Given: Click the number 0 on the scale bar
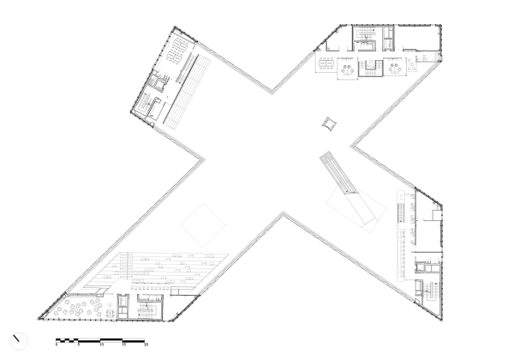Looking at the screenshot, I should pyautogui.click(x=57, y=345).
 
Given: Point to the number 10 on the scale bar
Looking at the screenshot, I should pyautogui.click(x=102, y=345).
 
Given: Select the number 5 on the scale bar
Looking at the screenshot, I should pyautogui.click(x=80, y=345).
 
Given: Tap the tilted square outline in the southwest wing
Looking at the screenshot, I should pyautogui.click(x=202, y=225).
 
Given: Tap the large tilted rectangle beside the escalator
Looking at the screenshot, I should pyautogui.click(x=353, y=206).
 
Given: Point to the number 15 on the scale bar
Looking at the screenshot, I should pyautogui.click(x=124, y=345).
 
